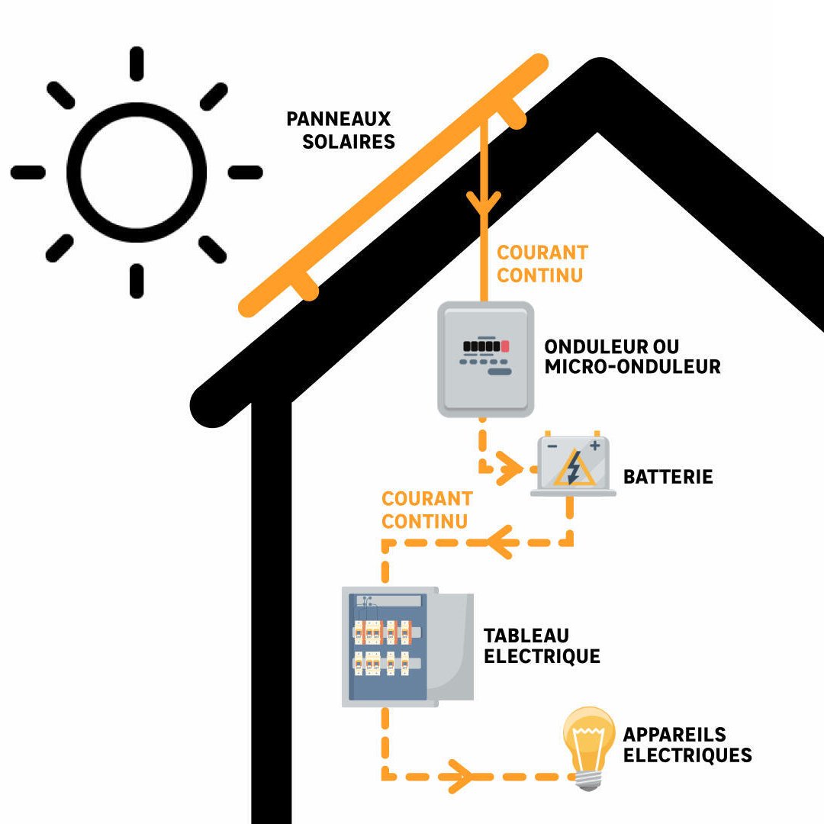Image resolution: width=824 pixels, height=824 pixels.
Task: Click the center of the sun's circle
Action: click(137, 172)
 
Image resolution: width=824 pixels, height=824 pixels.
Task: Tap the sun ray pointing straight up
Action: click(137, 63)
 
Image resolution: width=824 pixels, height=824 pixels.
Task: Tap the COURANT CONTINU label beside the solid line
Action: click(542, 263)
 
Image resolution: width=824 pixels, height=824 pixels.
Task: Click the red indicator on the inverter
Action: click(504, 346)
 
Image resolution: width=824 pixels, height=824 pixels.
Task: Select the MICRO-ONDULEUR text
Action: click(632, 367)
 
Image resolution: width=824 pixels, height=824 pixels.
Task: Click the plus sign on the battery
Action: click(594, 446)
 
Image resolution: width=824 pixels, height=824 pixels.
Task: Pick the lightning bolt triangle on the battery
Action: click(574, 469)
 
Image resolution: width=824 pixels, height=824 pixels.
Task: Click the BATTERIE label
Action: click(668, 478)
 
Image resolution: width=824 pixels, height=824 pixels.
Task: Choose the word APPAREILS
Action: click(674, 735)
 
